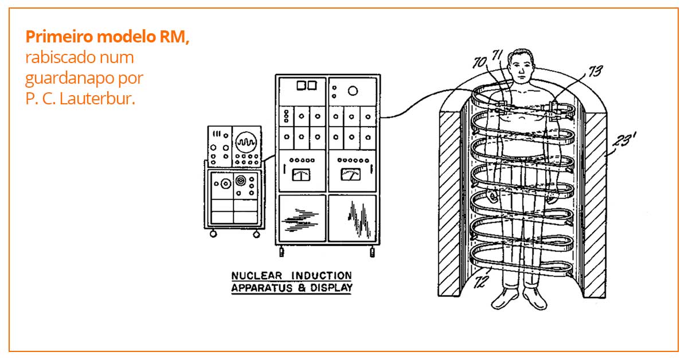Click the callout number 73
click(x=595, y=71)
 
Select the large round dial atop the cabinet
click(x=353, y=90)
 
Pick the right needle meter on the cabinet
click(x=350, y=175)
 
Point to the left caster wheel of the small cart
click(x=213, y=233)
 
